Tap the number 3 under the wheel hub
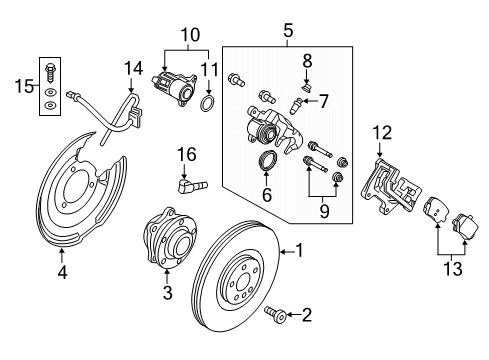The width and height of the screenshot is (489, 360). [168, 292]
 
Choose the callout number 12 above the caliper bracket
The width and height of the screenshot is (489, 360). [266, 194]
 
